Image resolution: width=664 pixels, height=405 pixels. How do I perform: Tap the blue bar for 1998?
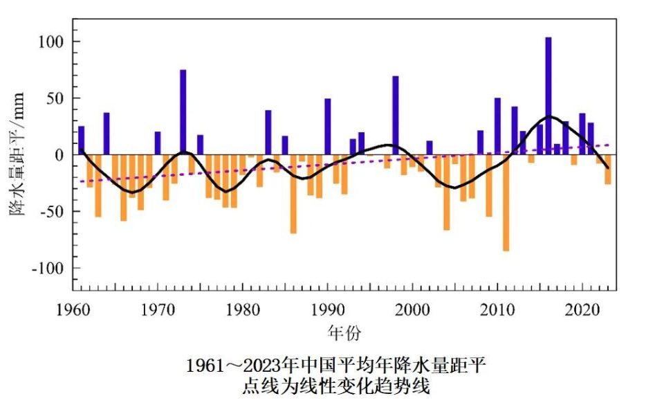(x=396, y=114)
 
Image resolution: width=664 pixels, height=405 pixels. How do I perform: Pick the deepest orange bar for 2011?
(x=506, y=202)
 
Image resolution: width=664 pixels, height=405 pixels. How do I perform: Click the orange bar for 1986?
(x=293, y=194)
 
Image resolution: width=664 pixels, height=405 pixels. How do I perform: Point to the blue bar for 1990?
(x=328, y=126)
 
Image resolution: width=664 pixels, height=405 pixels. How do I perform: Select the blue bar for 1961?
(x=82, y=140)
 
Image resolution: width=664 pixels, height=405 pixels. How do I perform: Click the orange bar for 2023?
(x=608, y=169)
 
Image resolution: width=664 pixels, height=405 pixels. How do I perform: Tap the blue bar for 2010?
(x=497, y=126)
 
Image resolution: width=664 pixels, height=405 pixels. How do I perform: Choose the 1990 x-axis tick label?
(x=327, y=309)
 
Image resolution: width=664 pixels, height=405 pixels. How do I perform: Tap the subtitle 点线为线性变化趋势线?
(x=335, y=386)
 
